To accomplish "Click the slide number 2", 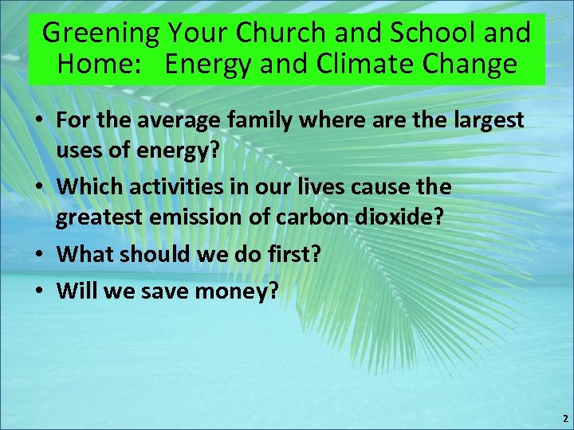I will [x=564, y=418].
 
